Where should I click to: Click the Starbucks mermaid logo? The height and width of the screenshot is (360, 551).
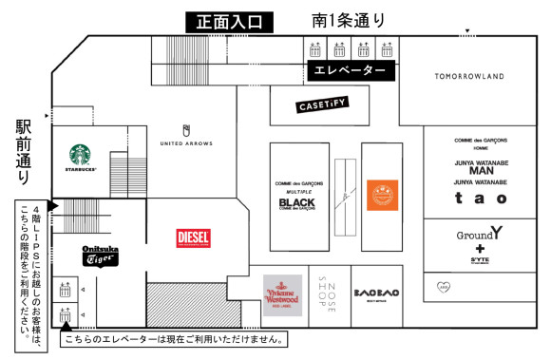point(84,156)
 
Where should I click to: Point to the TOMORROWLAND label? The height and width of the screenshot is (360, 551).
point(468,76)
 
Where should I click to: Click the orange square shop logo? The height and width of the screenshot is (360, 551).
point(382,195)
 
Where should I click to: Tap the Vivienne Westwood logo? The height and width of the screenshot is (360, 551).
point(282,294)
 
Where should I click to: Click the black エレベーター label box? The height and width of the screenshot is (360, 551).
point(350,71)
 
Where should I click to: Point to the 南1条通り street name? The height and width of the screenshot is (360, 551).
point(349,19)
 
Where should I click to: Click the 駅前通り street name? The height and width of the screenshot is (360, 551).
point(24,151)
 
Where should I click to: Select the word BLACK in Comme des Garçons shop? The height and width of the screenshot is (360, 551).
point(296,202)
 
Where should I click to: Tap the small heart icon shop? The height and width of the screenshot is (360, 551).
point(440,283)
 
